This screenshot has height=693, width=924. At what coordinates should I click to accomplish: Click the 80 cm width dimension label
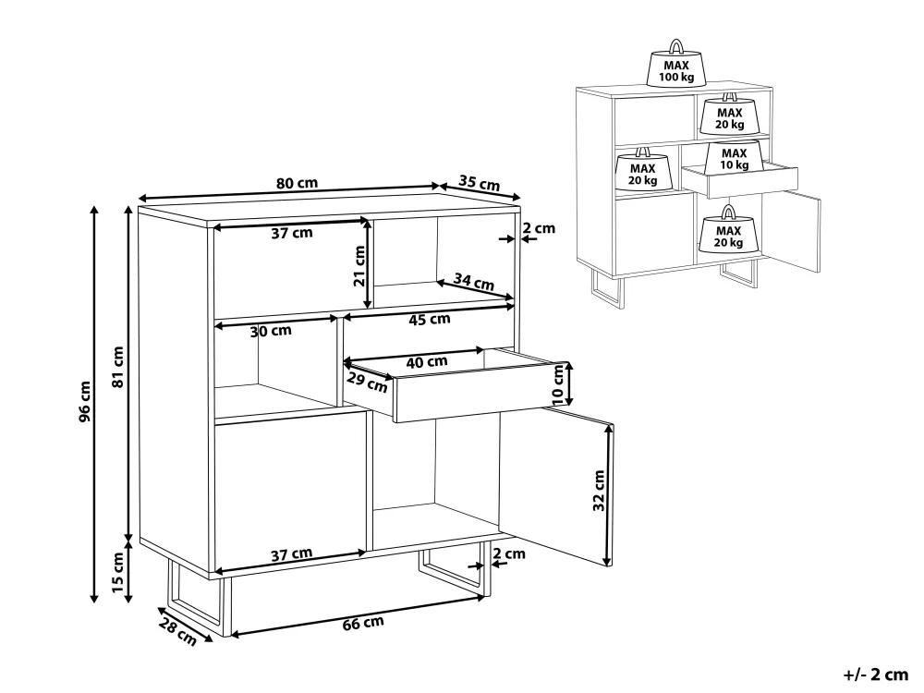click(x=297, y=183)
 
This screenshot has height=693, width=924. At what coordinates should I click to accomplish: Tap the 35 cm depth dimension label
click(x=479, y=183)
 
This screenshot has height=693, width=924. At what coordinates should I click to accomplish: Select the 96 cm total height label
click(x=85, y=401)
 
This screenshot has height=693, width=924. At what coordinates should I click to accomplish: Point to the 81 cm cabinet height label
click(x=118, y=367)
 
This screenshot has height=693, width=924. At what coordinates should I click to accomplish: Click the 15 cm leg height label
click(x=118, y=572)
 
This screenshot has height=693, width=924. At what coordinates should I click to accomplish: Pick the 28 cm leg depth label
click(x=177, y=630)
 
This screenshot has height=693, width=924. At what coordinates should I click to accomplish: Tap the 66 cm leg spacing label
click(x=363, y=623)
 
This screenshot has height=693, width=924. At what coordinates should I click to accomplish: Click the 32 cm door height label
click(x=600, y=491)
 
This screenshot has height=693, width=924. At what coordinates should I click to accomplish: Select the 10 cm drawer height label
click(x=558, y=384)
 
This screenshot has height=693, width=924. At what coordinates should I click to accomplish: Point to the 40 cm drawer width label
click(x=427, y=362)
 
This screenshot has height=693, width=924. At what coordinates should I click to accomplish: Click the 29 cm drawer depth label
click(x=367, y=383)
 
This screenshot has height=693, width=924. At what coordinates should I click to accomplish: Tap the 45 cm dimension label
click(x=430, y=320)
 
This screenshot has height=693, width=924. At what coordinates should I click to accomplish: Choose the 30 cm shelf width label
click(x=271, y=331)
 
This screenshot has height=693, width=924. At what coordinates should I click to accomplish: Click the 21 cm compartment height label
click(x=359, y=266)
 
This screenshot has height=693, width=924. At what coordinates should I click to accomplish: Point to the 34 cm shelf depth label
click(x=474, y=282)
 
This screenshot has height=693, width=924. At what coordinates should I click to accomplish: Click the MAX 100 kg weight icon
click(x=676, y=64)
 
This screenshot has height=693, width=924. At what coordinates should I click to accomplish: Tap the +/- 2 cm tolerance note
click(x=876, y=675)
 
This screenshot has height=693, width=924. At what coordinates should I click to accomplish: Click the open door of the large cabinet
click(x=556, y=489)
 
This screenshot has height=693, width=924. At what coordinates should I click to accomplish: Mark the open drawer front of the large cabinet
click(x=482, y=393)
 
